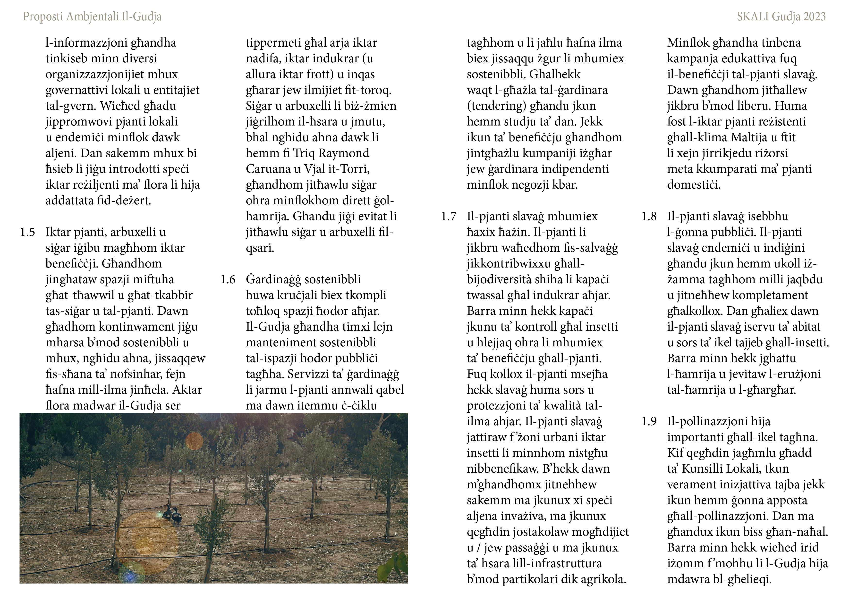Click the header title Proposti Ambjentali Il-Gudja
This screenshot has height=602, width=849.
click(92, 17)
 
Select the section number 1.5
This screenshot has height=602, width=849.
click(27, 232)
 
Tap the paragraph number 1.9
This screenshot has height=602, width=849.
click(649, 421)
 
